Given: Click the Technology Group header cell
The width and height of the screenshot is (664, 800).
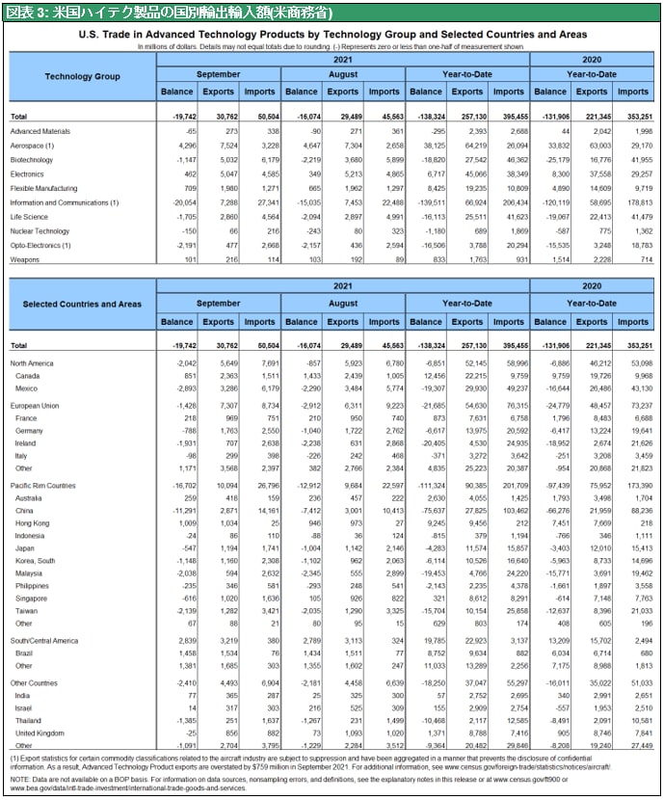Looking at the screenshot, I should point(82,75).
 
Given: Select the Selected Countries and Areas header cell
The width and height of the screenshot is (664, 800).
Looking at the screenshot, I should point(82,305).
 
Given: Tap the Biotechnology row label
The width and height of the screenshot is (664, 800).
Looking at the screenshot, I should point(32,159).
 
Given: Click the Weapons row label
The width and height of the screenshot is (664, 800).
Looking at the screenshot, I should point(25,260).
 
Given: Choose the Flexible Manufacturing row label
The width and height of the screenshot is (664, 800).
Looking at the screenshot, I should point(42,188).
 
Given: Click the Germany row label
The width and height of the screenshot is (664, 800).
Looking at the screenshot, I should point(31,430).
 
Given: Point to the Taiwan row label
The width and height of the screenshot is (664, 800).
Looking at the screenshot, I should point(30,611).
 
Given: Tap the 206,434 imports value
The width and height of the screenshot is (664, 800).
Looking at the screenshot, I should point(511,202).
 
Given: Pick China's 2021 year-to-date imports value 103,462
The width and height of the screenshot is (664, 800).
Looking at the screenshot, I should point(511,509).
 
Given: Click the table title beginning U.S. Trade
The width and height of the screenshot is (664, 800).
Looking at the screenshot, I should point(331,34).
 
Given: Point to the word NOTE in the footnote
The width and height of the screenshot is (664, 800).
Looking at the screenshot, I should point(20,777).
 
